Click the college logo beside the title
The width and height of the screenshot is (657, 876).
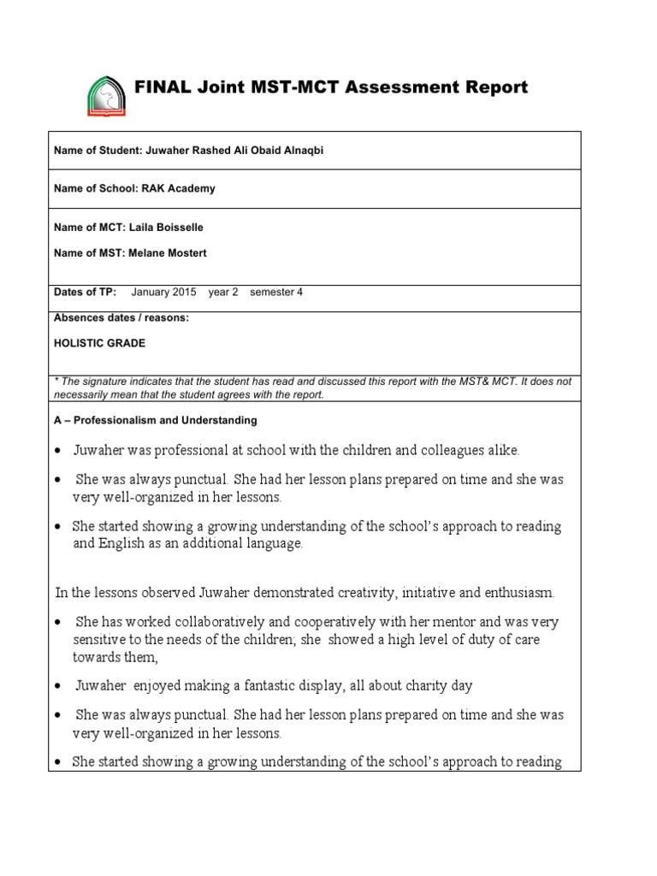coord(106,95)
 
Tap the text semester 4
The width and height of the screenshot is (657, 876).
coord(275,292)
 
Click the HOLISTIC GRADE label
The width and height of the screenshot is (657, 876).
coord(99,343)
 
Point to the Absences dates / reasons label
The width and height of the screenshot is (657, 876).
coord(121,317)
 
